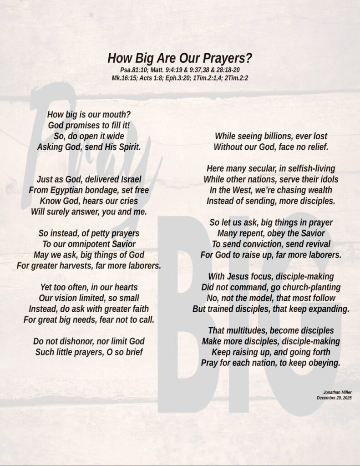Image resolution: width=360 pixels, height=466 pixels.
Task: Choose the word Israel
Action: click(x=129, y=179)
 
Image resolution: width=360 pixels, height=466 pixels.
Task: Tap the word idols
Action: click(x=326, y=179)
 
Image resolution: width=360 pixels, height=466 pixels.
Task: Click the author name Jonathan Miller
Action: click(x=337, y=392)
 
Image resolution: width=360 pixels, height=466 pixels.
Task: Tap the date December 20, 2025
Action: click(x=334, y=398)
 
